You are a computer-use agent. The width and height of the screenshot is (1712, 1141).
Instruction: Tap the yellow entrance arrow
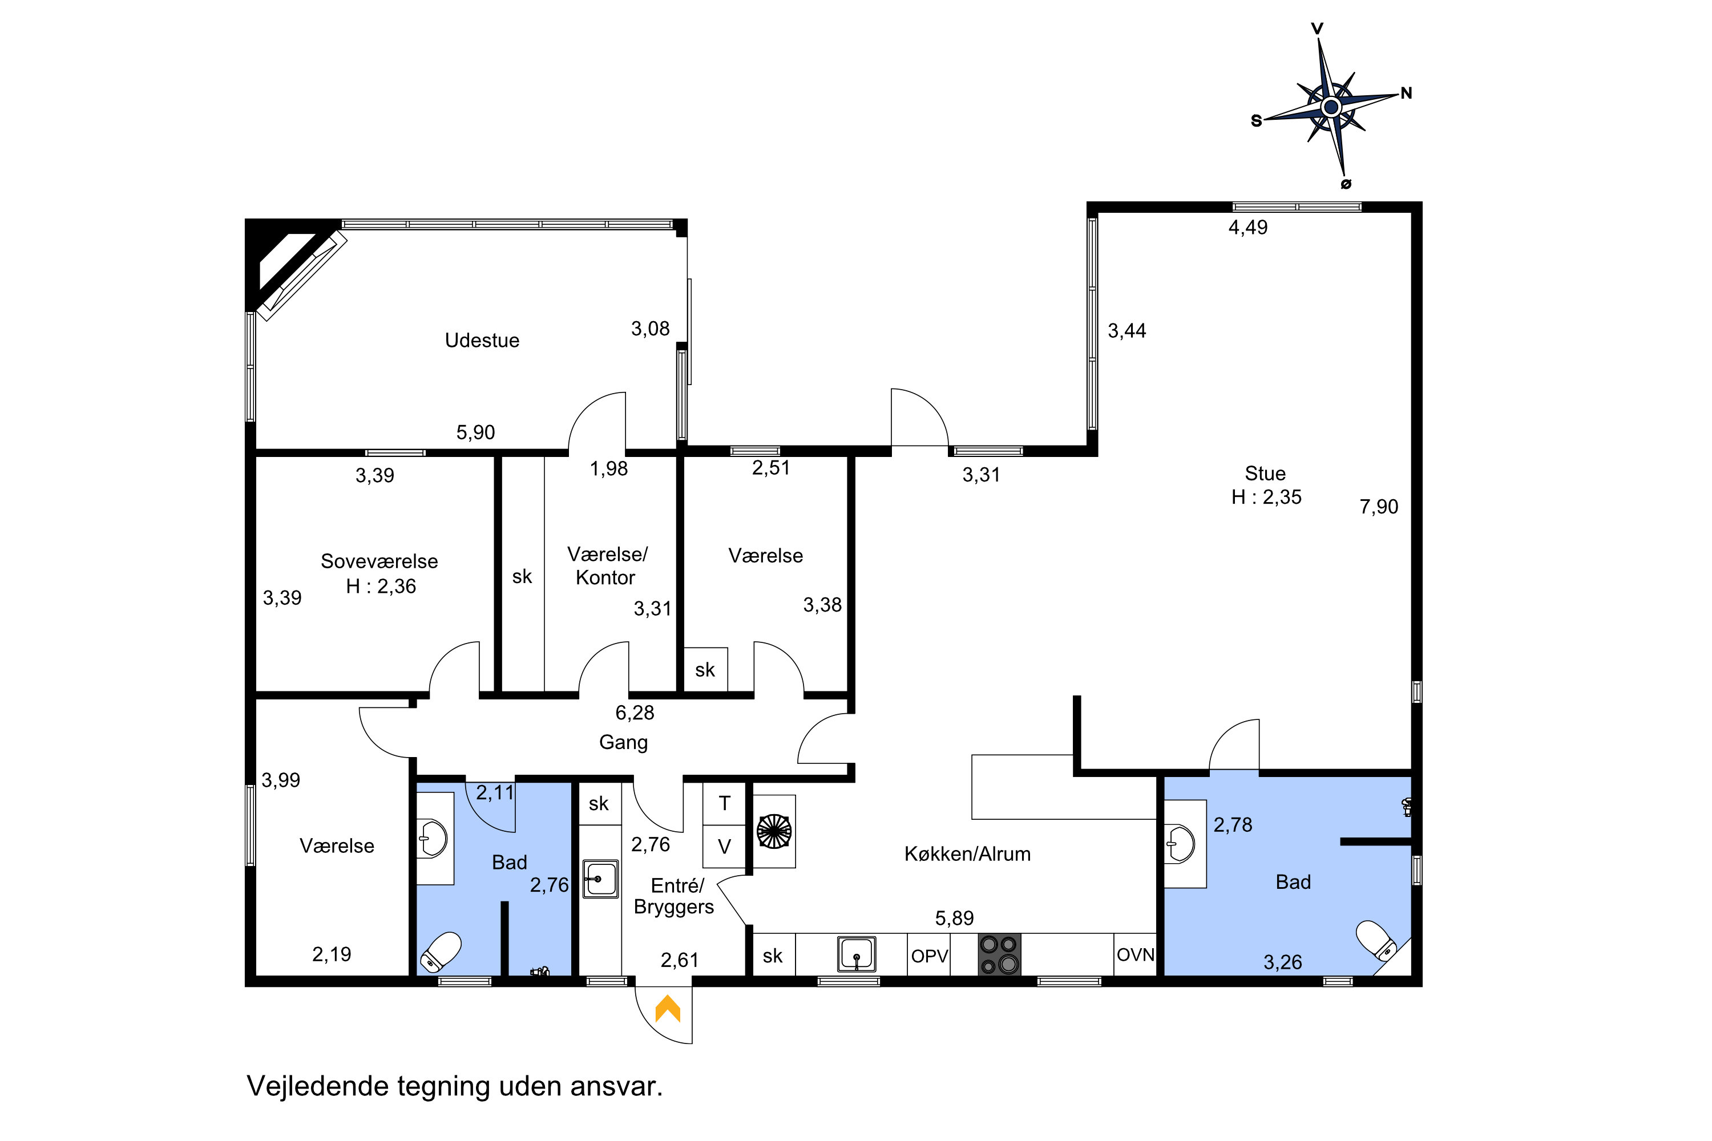pos(668,1009)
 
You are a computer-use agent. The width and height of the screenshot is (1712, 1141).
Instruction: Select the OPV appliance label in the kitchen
pos(930,956)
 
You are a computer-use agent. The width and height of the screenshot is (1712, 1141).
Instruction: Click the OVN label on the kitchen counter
pos(1136,954)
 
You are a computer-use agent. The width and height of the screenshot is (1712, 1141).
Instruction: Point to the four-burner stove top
pos(999,954)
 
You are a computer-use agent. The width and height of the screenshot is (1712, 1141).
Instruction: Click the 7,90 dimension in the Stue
pos(1379,507)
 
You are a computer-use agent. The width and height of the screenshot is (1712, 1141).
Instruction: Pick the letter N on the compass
pos(1406,93)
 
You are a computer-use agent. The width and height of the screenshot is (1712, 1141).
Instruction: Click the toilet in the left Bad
pos(442,952)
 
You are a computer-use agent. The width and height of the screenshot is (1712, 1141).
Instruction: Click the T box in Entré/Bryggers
pos(724,803)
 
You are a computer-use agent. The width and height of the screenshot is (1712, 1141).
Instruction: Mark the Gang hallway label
pos(623,742)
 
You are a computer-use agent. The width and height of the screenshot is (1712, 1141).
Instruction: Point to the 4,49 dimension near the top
pos(1247,228)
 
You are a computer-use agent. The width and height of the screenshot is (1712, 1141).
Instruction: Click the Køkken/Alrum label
pos(967,853)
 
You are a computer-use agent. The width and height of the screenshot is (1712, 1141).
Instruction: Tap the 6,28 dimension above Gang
pos(635,713)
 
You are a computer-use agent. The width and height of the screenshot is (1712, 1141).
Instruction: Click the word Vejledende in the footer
pos(318,1086)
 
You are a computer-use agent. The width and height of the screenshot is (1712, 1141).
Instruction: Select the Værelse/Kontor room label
pos(606,566)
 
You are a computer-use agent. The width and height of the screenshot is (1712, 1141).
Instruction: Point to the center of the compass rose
pos(1331,108)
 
